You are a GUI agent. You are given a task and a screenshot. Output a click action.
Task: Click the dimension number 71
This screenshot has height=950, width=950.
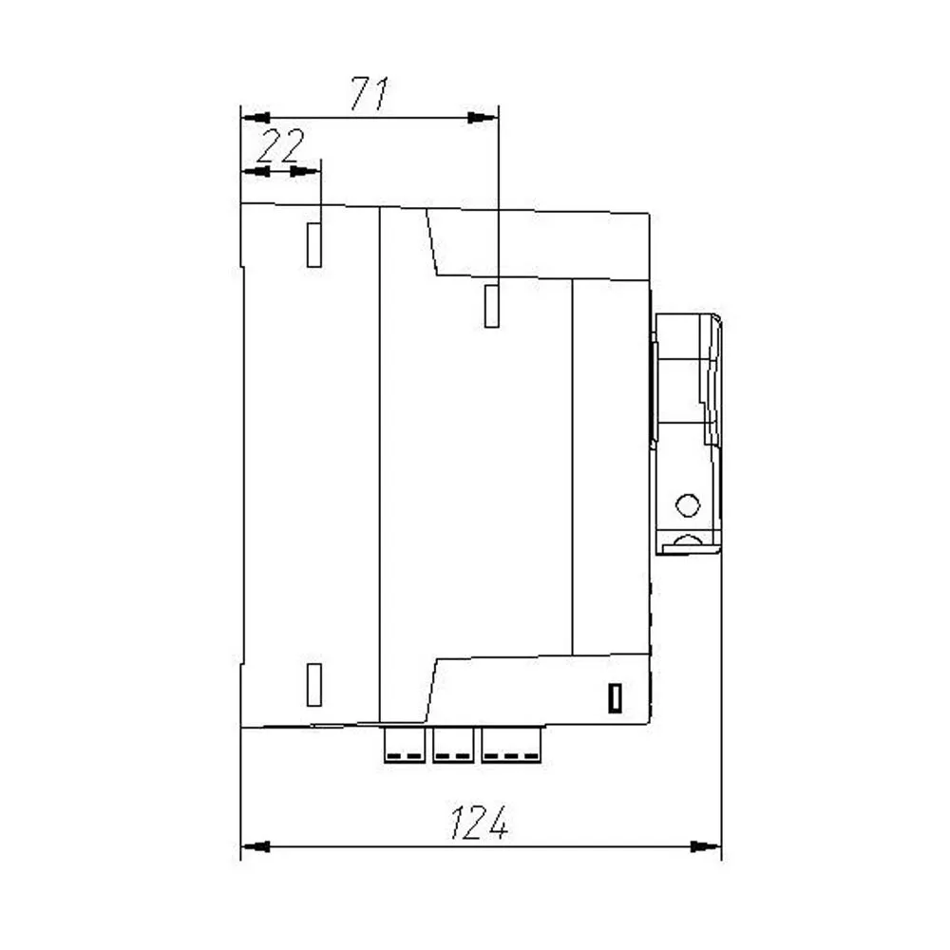click(x=370, y=94)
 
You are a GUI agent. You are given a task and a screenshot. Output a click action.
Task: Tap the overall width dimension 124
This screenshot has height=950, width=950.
click(x=479, y=823)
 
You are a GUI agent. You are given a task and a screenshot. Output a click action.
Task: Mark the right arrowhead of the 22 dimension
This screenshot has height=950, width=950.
click(x=306, y=171)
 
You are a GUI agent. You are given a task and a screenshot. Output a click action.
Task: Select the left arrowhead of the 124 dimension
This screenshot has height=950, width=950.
click(x=256, y=845)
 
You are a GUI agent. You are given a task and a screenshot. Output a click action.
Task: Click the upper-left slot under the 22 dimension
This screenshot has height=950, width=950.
click(x=314, y=244)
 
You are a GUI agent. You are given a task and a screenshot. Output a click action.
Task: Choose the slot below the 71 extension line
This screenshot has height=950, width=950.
click(x=492, y=305)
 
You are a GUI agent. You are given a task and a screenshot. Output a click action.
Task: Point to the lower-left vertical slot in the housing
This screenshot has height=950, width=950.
click(x=314, y=684)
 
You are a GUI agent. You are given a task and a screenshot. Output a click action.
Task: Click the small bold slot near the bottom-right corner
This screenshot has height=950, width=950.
click(x=616, y=698)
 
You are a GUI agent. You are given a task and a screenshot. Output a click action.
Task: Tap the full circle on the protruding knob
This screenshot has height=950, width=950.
click(x=687, y=504)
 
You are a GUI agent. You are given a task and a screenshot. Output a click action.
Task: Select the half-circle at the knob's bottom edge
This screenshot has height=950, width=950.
click(x=687, y=543)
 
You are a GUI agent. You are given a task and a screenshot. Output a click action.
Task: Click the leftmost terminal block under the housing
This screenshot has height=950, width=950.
click(x=405, y=745)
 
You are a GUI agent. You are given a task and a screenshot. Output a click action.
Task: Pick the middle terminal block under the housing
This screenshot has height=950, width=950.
click(x=453, y=745)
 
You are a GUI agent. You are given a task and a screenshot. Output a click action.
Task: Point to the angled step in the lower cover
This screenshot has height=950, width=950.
click(x=431, y=689)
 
